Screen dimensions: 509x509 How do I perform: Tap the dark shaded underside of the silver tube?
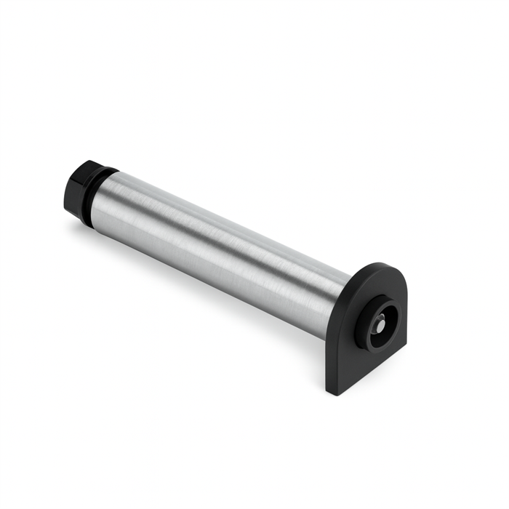(218, 273)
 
